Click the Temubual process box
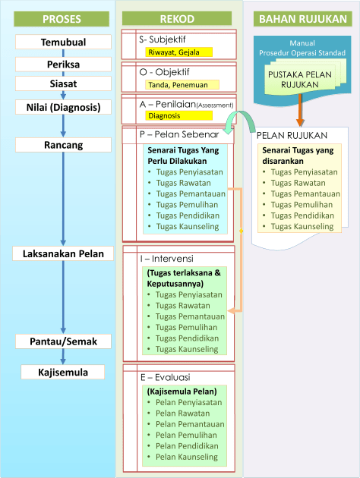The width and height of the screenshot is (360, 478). tap(63, 43)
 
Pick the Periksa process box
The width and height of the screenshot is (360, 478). tap(63, 64)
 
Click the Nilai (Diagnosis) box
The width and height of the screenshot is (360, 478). tap(63, 107)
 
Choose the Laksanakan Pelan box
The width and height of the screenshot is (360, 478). tap(63, 253)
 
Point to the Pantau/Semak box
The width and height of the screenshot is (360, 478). tap(63, 341)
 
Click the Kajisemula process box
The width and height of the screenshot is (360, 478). tap(63, 373)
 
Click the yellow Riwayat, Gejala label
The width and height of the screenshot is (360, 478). tap(180, 52)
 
